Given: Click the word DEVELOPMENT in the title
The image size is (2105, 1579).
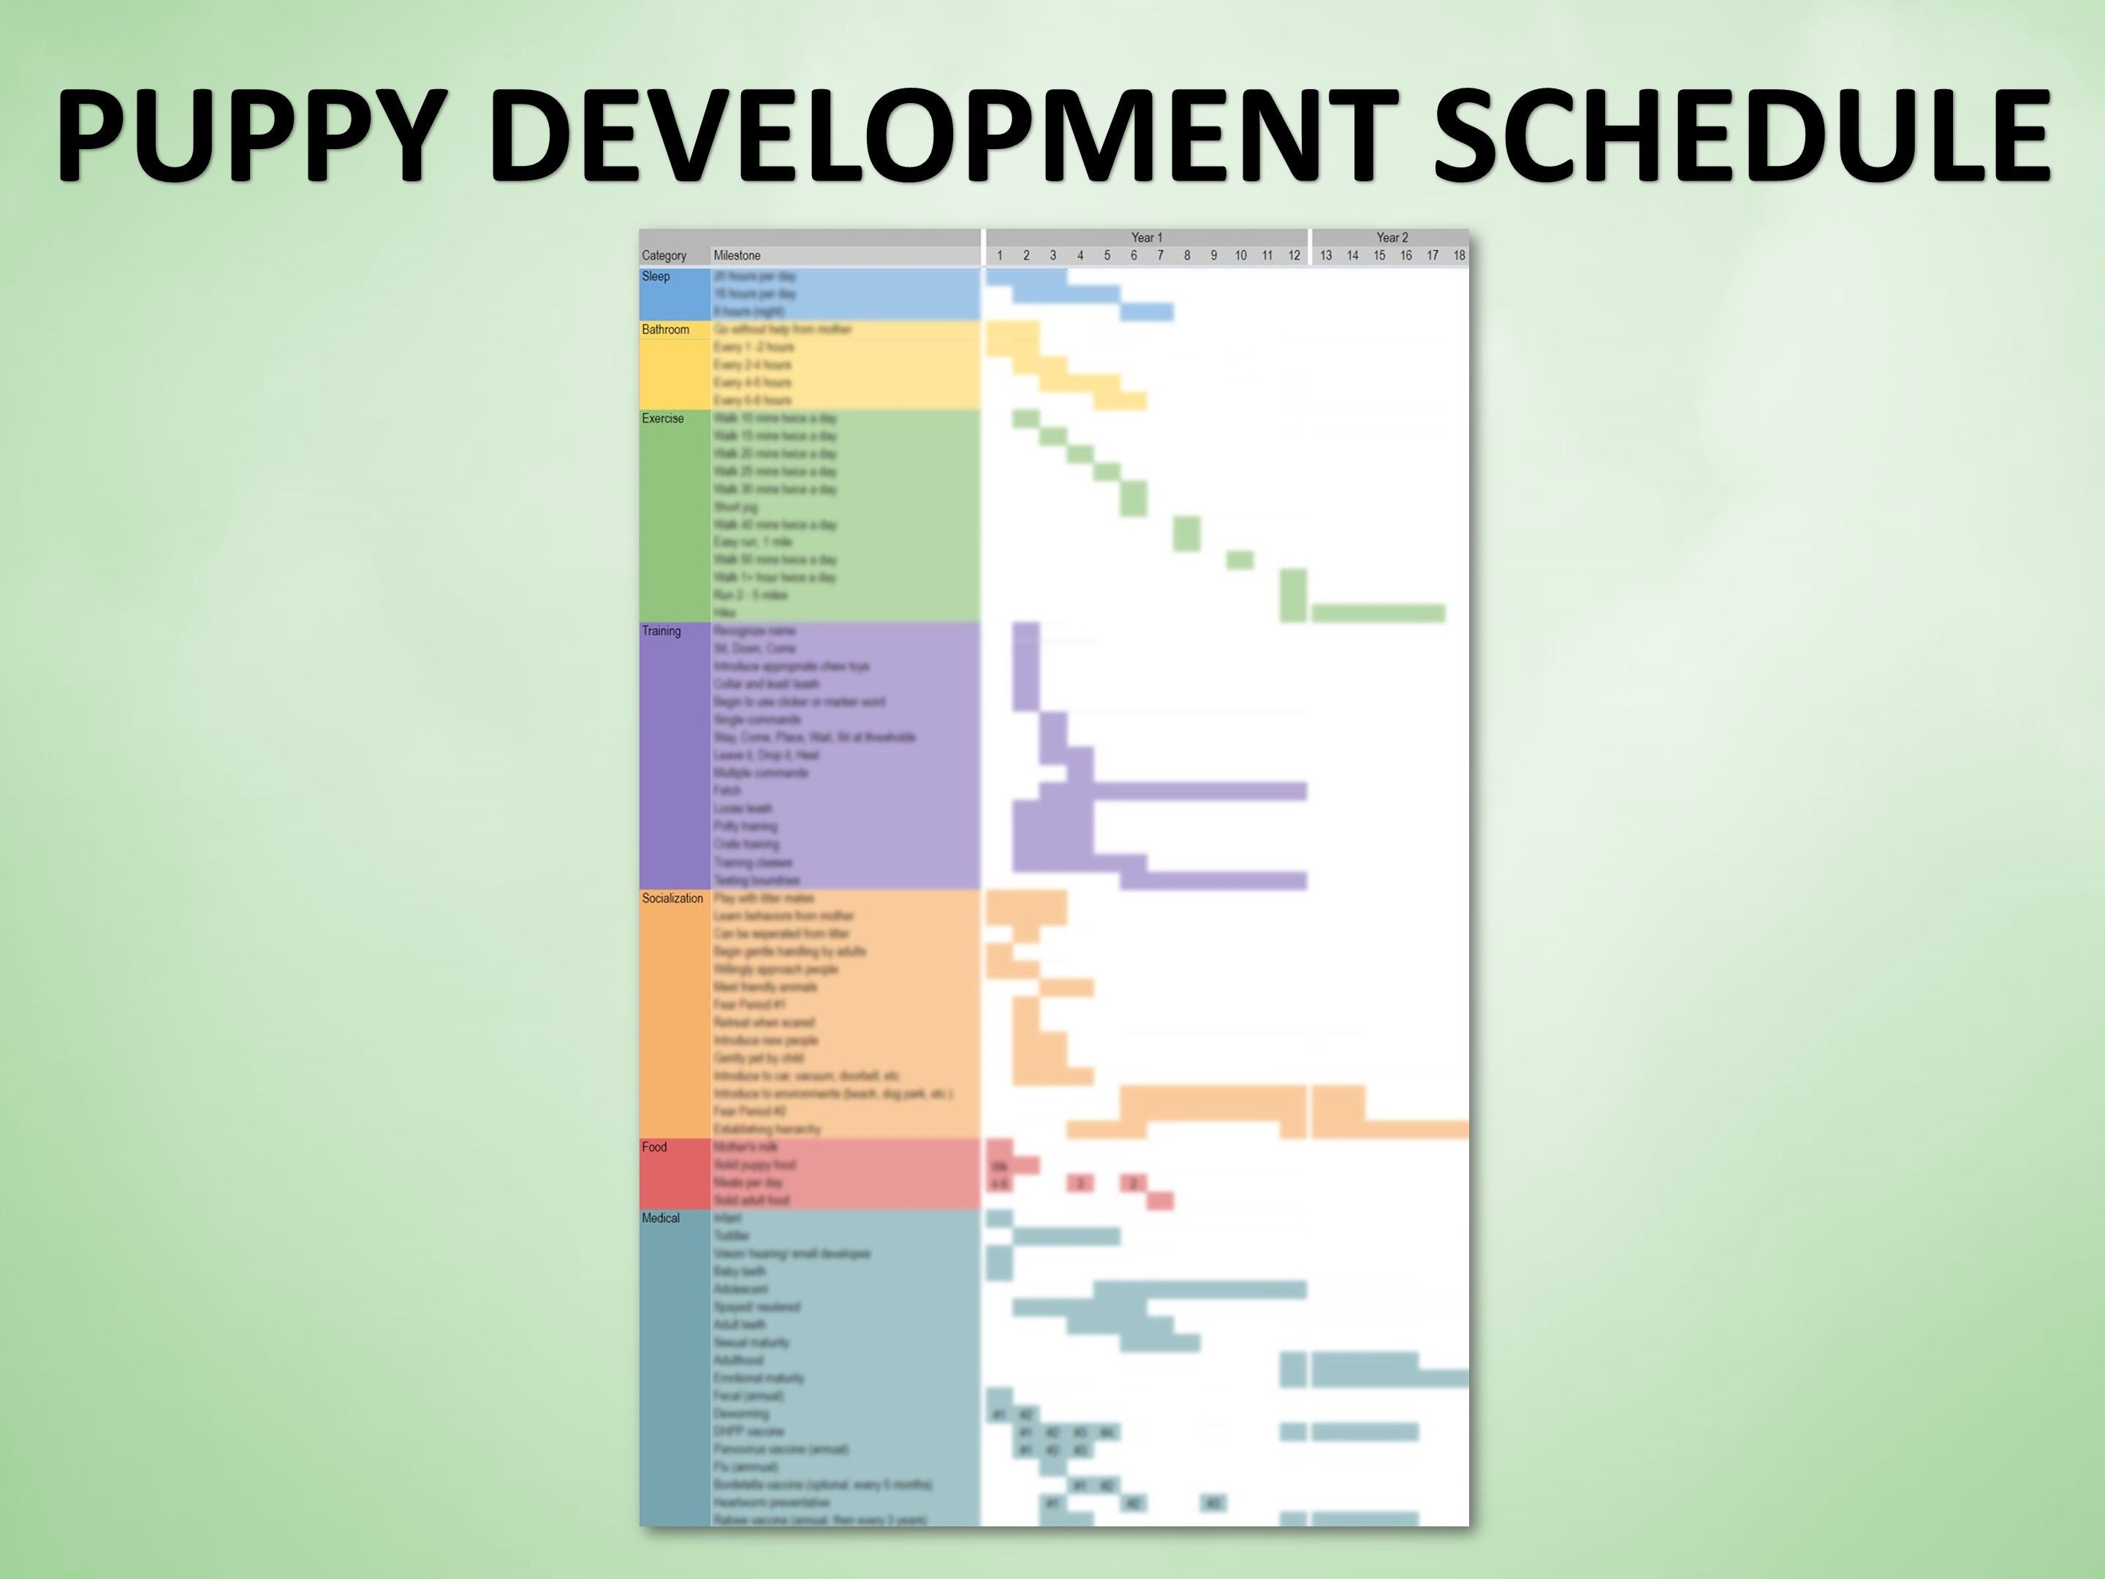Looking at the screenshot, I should pyautogui.click(x=942, y=136).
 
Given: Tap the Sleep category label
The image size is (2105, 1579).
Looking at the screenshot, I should pyautogui.click(x=656, y=277).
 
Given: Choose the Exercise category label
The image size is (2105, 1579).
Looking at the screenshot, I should pyautogui.click(x=662, y=419).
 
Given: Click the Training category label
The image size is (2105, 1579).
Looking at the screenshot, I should pyautogui.click(x=661, y=631).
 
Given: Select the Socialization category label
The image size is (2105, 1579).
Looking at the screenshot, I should pyautogui.click(x=672, y=898).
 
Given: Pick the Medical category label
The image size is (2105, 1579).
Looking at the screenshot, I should pyautogui.click(x=661, y=1219).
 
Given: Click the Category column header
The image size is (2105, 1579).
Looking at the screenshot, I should pyautogui.click(x=663, y=256).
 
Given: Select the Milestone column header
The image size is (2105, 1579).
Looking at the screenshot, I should pyautogui.click(x=737, y=256).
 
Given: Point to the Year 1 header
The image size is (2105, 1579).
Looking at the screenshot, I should pyautogui.click(x=1147, y=238).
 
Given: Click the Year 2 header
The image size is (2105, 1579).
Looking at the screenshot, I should pyautogui.click(x=1392, y=238).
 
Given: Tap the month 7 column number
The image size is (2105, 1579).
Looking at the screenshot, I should pyautogui.click(x=1160, y=256).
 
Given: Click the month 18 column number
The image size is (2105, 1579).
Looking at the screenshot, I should pyautogui.click(x=1459, y=256).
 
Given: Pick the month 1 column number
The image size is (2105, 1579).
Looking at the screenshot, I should pyautogui.click(x=999, y=256).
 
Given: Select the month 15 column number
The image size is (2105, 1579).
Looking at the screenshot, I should pyautogui.click(x=1379, y=256).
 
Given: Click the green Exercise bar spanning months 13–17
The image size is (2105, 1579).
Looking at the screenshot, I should pyautogui.click(x=1378, y=613).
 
